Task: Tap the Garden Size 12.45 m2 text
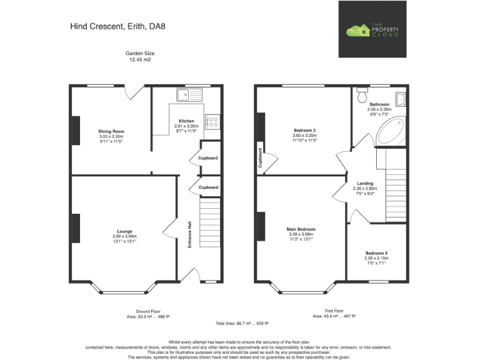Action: coord(140,57)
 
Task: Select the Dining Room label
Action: coord(111,132)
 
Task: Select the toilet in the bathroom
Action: coord(361,96)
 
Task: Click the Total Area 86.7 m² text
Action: coord(240,323)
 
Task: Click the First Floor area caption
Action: coord(334,314)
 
